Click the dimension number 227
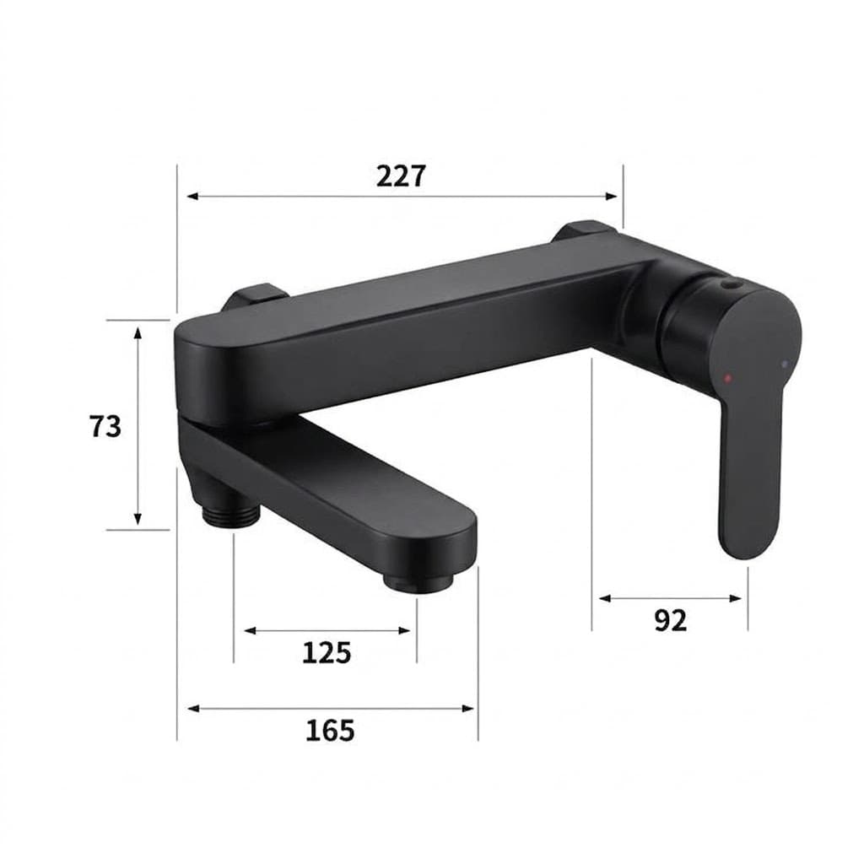pyautogui.click(x=401, y=176)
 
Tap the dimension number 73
pyautogui.click(x=105, y=426)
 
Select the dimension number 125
pyautogui.click(x=327, y=653)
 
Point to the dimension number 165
pyautogui.click(x=330, y=731)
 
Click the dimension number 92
pyautogui.click(x=671, y=620)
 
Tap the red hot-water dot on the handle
pyautogui.click(x=727, y=379)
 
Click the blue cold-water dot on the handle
pyautogui.click(x=785, y=364)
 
